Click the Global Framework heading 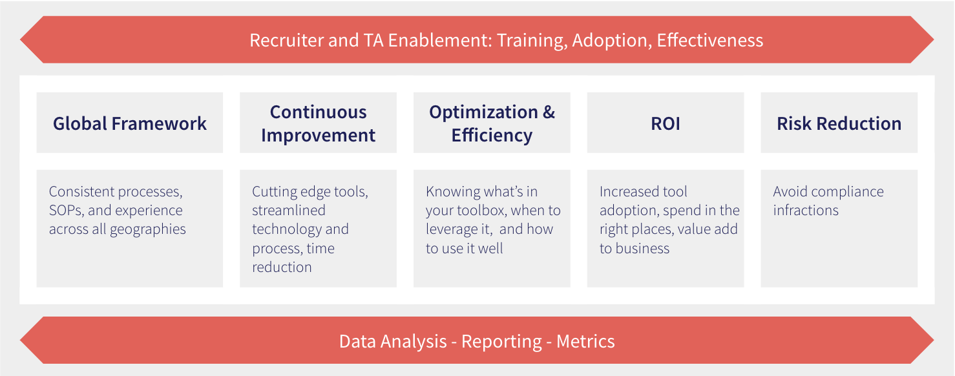pyautogui.click(x=130, y=123)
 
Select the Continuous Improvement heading pyautogui.click(x=318, y=123)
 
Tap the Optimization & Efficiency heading pyautogui.click(x=492, y=123)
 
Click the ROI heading pyautogui.click(x=666, y=123)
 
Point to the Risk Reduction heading pyautogui.click(x=839, y=123)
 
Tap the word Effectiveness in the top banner pyautogui.click(x=710, y=41)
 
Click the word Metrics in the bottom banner pyautogui.click(x=585, y=342)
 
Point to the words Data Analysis pyautogui.click(x=393, y=342)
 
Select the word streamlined pyautogui.click(x=289, y=210)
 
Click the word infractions pyautogui.click(x=806, y=210)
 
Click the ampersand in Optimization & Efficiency pyautogui.click(x=549, y=112)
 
